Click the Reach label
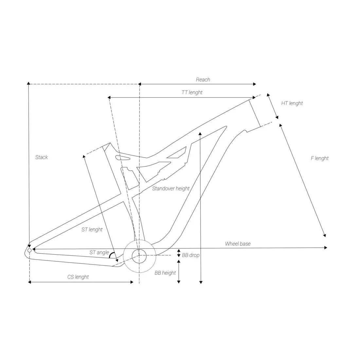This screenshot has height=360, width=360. (203, 80)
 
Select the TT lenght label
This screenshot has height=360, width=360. (192, 93)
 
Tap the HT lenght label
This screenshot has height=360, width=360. (292, 103)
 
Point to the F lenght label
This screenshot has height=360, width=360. (320, 158)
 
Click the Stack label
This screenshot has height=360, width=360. (42, 157)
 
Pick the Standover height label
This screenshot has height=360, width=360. (171, 189)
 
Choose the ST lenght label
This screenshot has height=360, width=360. (92, 230)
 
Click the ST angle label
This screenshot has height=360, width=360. (99, 253)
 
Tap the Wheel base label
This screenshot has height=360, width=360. (238, 243)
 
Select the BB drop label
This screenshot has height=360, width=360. (190, 255)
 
